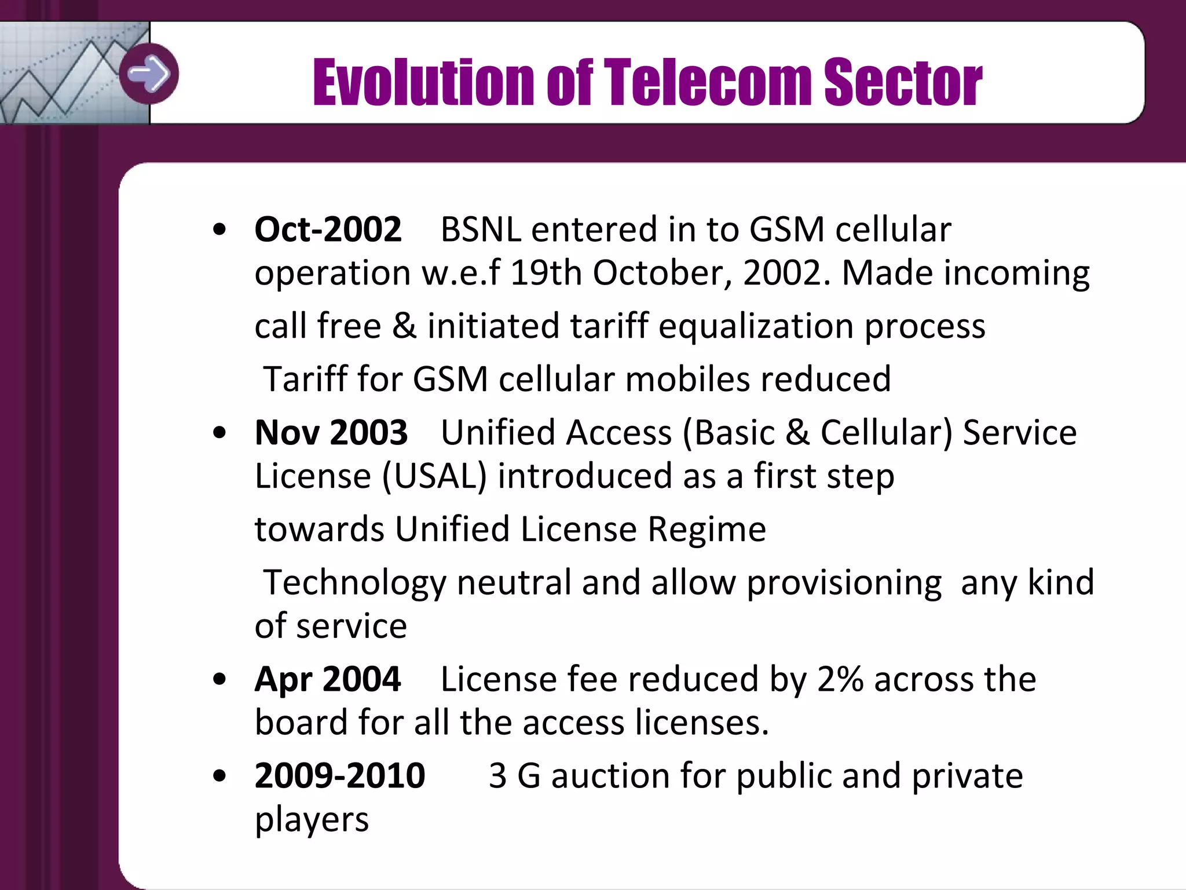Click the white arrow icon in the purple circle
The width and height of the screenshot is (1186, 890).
pos(149,74)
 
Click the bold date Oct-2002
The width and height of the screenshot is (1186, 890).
pos(328,229)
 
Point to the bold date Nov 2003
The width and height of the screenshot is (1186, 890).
pos(331,433)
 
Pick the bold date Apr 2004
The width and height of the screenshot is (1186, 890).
pos(328,679)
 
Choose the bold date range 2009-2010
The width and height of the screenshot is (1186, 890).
pos(340,776)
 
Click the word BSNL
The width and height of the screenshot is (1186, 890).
pos(481,229)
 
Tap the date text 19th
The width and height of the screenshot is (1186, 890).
pos(546,273)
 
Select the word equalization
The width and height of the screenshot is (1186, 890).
pos(756,326)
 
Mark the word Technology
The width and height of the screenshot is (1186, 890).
pos(354,583)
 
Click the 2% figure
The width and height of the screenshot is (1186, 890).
pos(840,679)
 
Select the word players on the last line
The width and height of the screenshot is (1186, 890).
pos(312,819)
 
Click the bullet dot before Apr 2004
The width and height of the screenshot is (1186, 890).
pos(219,679)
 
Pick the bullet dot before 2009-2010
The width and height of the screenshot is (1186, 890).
pos(219,776)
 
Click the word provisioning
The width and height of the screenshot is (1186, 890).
pos(844,583)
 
